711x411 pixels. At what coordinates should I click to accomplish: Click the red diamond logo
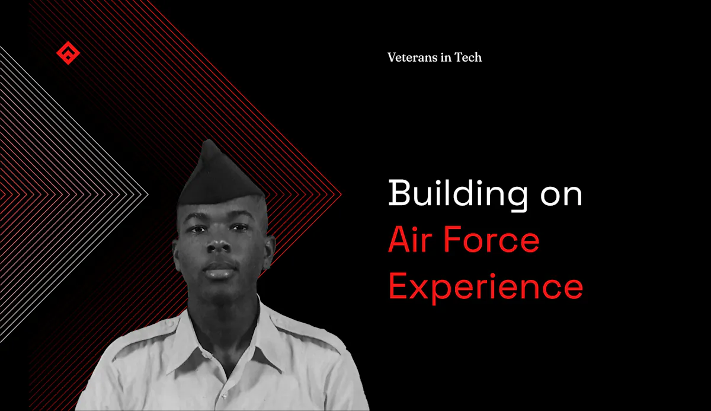click(x=68, y=53)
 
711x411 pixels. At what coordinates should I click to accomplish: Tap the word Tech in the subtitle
click(x=468, y=57)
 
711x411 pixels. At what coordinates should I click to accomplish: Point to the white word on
click(x=561, y=197)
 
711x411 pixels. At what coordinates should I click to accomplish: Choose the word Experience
click(x=486, y=288)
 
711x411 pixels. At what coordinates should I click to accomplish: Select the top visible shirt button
click(x=224, y=396)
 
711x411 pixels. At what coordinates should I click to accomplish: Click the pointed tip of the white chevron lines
click(x=148, y=194)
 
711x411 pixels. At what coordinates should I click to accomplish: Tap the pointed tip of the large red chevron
click(x=341, y=194)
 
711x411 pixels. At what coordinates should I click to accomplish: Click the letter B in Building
click(x=399, y=192)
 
